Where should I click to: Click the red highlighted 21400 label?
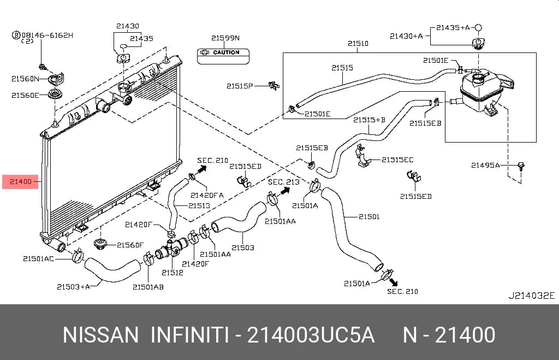20,181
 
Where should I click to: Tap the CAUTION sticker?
223,56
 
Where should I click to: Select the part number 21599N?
225,38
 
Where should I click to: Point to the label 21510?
358,44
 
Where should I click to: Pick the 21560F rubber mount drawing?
101,244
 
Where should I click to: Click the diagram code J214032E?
532,296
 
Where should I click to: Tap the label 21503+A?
74,286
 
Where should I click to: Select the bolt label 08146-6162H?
47,35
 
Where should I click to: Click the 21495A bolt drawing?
521,166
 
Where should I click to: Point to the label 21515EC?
397,160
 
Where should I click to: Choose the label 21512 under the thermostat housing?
172,273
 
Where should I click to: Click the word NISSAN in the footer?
100,335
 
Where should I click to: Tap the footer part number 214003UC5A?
311,335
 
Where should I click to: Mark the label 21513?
199,205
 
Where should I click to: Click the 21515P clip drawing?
274,86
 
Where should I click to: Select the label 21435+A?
453,27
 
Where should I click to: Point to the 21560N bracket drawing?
56,79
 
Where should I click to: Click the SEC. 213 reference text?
283,182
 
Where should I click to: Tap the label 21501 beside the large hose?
369,216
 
